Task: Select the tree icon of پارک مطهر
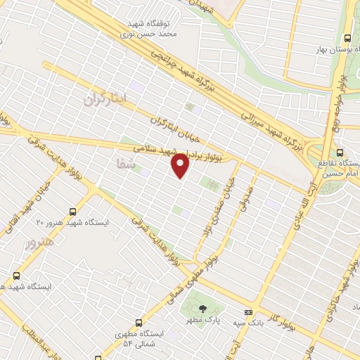pyautogui.click(x=202, y=308)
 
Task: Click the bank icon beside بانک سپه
pyautogui.click(x=247, y=312)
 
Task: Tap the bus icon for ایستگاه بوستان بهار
pyautogui.click(x=347, y=39)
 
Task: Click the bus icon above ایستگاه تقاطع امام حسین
pyautogui.click(x=340, y=153)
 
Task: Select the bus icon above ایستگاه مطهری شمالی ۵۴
pyautogui.click(x=139, y=323)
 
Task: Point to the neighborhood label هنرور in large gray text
pyautogui.click(x=39, y=244)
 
